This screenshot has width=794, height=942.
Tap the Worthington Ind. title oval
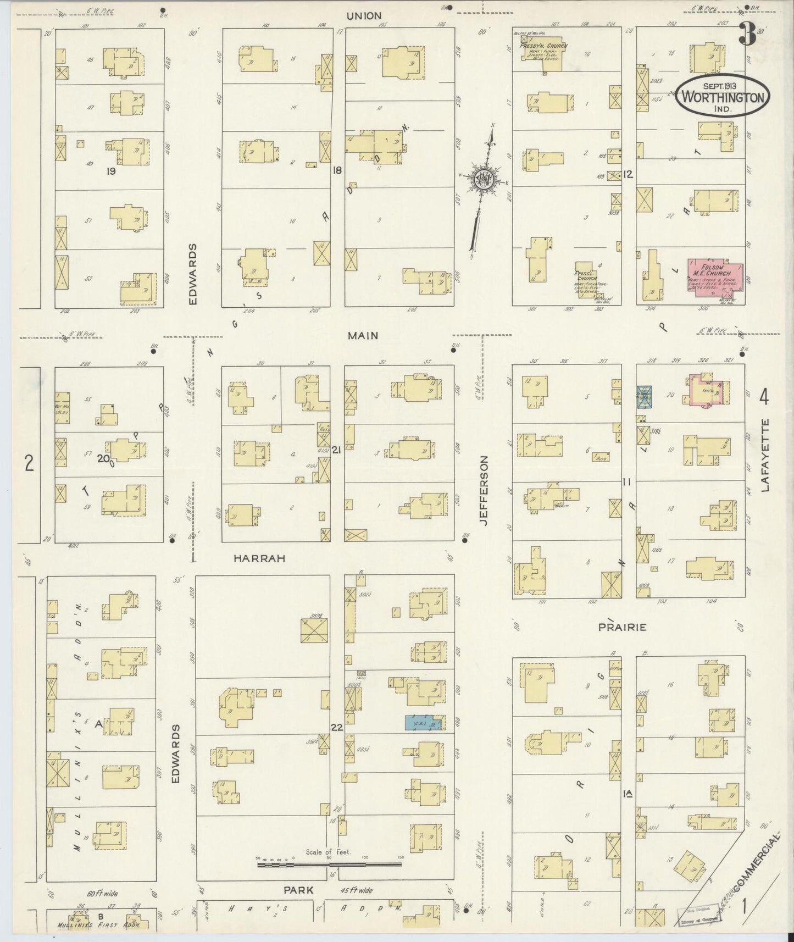click(723, 95)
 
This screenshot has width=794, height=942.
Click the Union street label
click(364, 16)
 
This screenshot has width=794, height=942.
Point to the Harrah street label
click(259, 558)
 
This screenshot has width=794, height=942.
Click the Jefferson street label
click(485, 491)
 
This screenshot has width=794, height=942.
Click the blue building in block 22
click(424, 723)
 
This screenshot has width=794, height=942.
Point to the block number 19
click(112, 171)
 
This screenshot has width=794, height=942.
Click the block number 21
click(336, 450)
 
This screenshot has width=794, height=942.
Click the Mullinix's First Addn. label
click(98, 924)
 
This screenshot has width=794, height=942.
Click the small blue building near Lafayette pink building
click(644, 397)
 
